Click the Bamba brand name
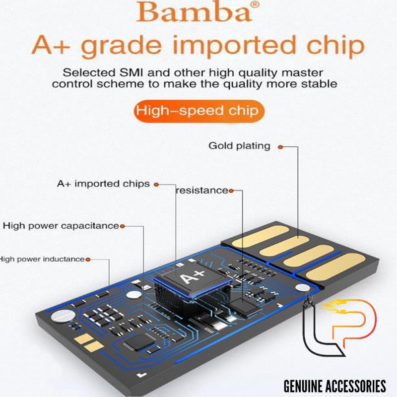194,12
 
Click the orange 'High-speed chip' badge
198,110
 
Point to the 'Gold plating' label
239,146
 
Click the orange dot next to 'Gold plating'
280,147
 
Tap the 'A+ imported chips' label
103,184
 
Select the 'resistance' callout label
201,190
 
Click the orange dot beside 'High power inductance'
88,259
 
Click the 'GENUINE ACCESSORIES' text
335,386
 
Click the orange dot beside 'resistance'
231,191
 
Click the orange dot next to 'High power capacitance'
122,226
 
